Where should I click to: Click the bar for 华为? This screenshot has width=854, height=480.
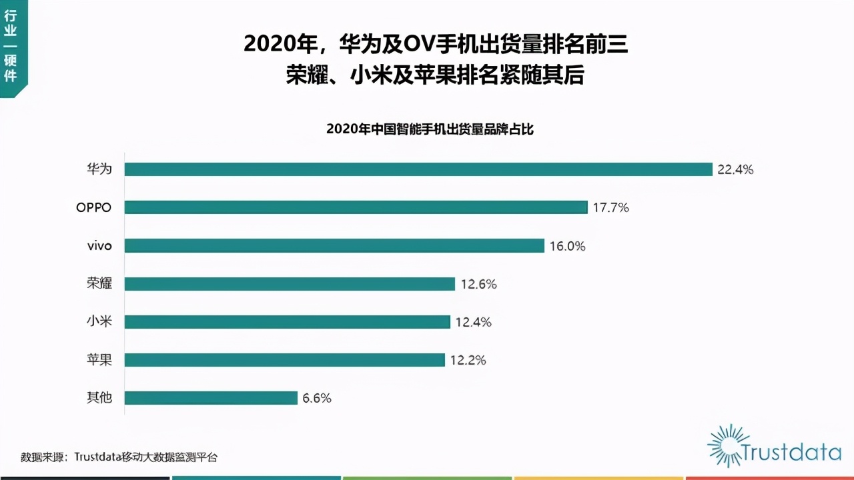point(418,169)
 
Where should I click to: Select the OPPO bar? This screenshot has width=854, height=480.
point(356,207)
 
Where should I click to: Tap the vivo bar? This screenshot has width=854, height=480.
point(334,246)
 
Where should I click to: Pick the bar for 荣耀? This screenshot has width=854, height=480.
point(290,284)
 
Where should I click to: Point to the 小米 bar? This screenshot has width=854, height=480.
point(287,322)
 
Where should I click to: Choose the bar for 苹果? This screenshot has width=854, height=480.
point(284,360)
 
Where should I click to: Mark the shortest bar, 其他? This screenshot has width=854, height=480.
point(211,398)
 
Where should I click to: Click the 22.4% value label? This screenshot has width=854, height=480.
point(735,170)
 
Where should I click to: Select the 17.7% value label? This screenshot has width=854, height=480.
point(610,208)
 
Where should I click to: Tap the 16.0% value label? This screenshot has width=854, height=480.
point(567,247)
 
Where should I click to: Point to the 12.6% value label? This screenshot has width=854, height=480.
point(478,285)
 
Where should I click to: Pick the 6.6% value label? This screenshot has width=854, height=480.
point(317,399)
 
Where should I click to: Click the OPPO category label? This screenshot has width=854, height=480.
point(93,207)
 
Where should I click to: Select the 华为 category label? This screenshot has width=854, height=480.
point(99,169)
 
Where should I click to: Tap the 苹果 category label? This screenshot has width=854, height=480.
point(99,360)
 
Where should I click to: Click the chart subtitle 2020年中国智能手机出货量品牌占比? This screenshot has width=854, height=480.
point(430,129)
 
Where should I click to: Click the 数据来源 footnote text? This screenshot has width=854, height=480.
point(119,457)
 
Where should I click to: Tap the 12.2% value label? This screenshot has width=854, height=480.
point(468,361)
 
